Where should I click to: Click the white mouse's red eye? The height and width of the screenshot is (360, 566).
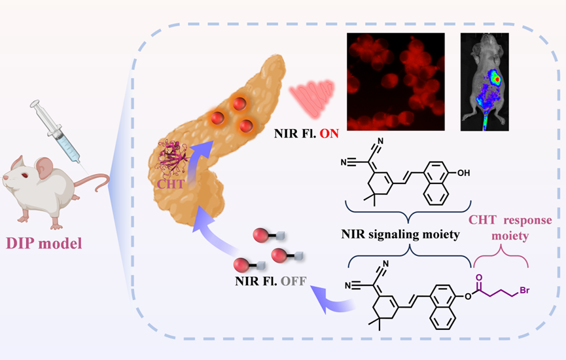coord(18,176)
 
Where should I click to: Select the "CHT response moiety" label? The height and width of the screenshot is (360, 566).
coord(510,226)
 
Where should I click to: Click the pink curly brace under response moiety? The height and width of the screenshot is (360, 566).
coord(501,262)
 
